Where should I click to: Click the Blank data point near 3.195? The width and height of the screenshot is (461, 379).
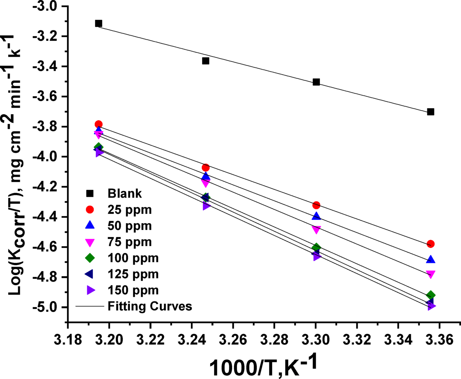click(98, 24)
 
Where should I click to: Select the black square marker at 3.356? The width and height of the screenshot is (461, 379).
click(431, 112)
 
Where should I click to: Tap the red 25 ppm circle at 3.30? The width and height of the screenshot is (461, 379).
click(316, 205)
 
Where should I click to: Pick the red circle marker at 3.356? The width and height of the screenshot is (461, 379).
click(431, 244)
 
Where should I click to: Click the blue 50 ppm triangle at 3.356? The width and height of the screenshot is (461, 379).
click(431, 260)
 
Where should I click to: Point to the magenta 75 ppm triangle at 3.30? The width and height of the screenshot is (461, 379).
click(316, 230)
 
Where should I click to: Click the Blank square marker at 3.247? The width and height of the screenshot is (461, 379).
click(205, 61)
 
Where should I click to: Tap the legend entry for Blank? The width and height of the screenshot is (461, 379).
click(125, 194)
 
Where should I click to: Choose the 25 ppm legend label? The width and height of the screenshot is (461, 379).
click(129, 210)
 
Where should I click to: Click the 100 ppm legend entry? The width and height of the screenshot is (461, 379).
click(133, 258)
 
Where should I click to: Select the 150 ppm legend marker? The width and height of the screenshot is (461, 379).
click(90, 290)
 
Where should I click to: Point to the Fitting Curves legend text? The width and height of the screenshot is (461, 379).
click(150, 306)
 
